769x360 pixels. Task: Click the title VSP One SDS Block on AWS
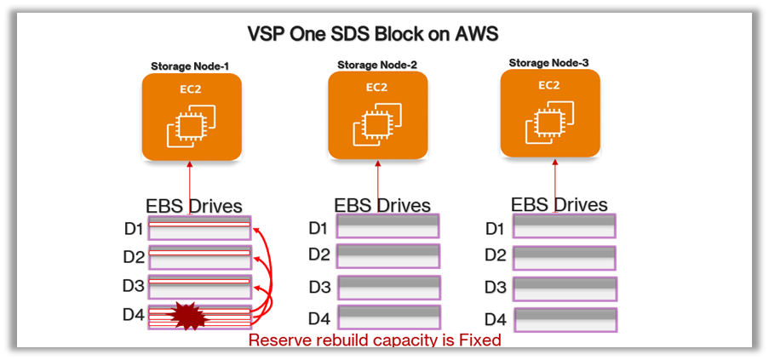coord(372,34)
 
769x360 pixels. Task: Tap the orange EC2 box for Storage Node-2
coord(377,115)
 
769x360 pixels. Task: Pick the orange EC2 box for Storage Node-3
coord(549,114)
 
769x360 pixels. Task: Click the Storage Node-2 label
coord(376,64)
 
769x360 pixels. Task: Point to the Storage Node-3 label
coord(548,62)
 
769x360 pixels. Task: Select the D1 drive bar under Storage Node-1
coord(199,227)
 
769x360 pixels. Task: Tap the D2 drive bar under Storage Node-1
coord(199,256)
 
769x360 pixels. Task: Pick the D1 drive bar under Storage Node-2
coord(387,226)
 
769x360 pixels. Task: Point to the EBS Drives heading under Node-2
coord(382,205)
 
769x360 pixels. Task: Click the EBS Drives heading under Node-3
coord(559,204)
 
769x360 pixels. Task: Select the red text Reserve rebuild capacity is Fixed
coord(375,340)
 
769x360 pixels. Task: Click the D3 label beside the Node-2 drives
coord(319,287)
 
